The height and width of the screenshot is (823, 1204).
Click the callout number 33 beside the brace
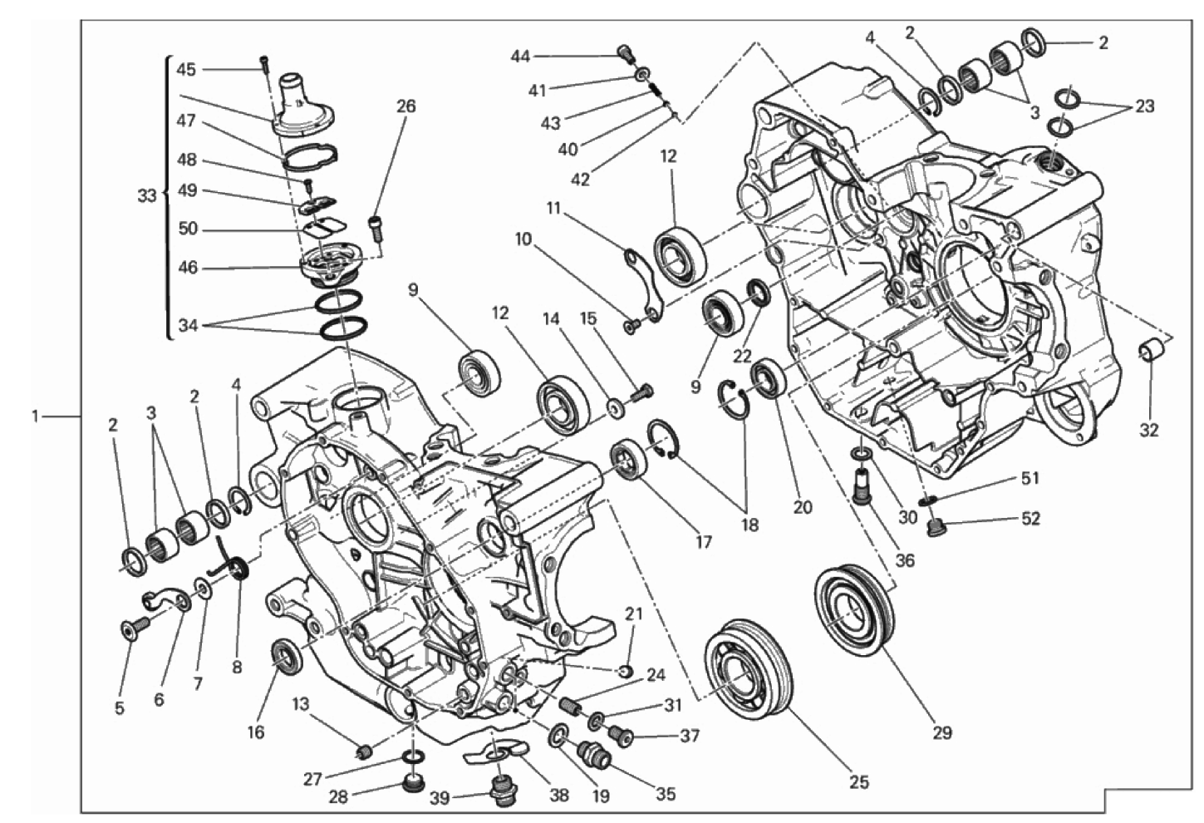pyautogui.click(x=147, y=196)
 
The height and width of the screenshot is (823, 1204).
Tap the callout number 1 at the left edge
pyautogui.click(x=36, y=416)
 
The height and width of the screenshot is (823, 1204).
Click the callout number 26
pyautogui.click(x=405, y=106)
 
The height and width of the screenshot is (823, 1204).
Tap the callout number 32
pyautogui.click(x=1148, y=430)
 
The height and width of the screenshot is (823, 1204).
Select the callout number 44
pyautogui.click(x=520, y=56)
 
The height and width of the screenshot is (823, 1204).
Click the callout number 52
pyautogui.click(x=1030, y=519)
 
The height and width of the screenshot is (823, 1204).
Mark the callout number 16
pyautogui.click(x=256, y=732)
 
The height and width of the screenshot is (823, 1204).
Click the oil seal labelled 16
pyautogui.click(x=284, y=653)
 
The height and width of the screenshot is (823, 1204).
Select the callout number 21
pyautogui.click(x=634, y=614)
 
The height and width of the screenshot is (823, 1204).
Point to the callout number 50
pyautogui.click(x=188, y=229)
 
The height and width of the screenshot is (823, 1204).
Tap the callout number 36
pyautogui.click(x=905, y=560)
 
